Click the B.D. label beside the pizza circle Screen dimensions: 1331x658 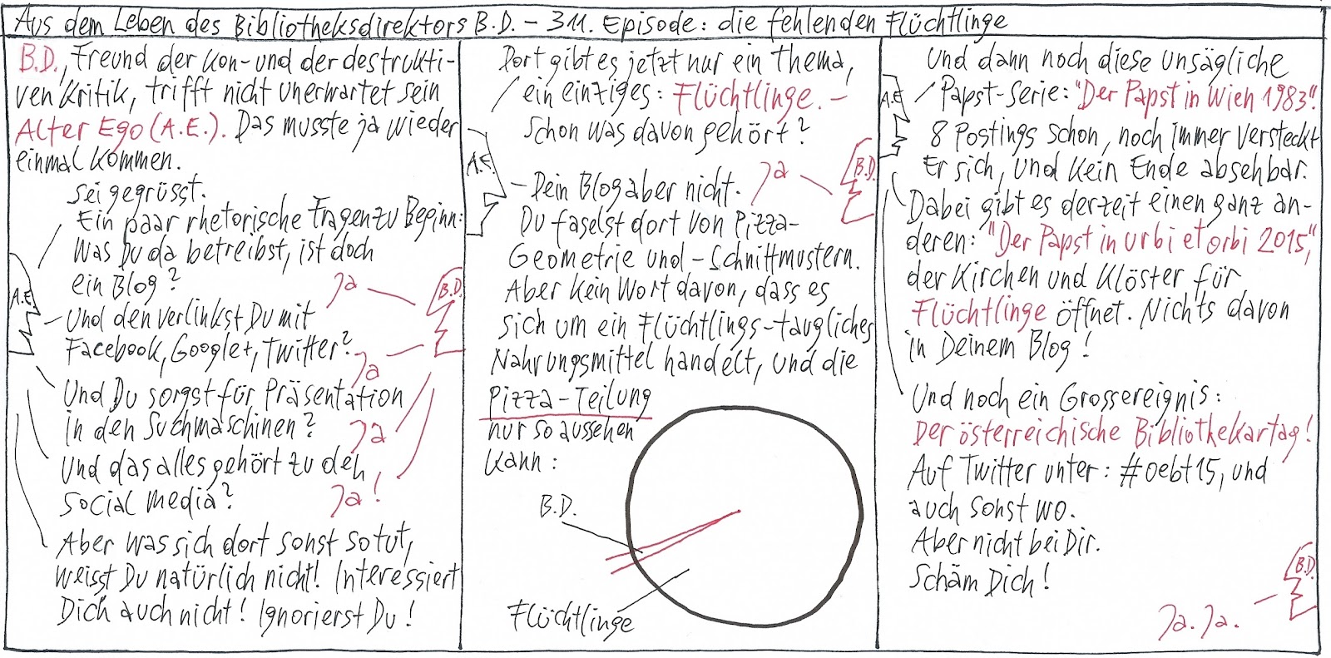point(558,508)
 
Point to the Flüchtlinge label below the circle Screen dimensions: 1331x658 point(571,618)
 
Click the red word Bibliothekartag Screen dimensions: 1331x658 point(1220,433)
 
